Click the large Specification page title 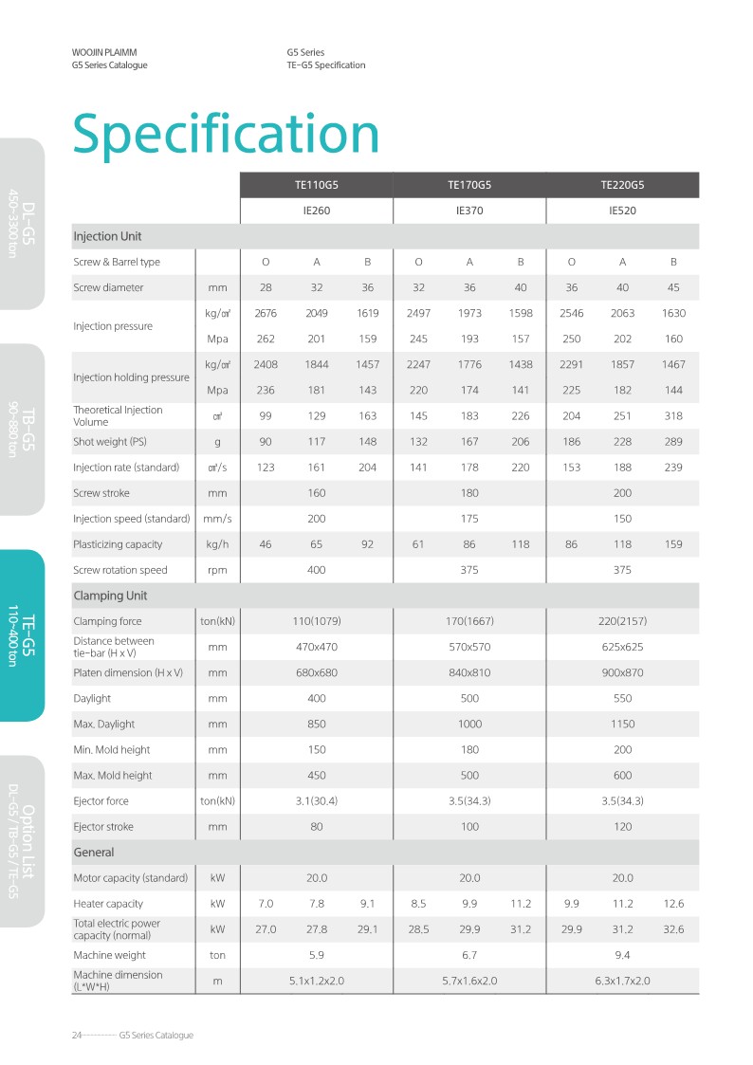click(x=226, y=134)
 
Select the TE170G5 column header click(x=468, y=186)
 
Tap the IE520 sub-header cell click(x=621, y=211)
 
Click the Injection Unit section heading click(x=107, y=236)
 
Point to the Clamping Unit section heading click(x=110, y=596)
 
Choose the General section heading click(x=94, y=853)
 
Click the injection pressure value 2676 click(x=266, y=313)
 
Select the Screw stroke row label click(x=101, y=493)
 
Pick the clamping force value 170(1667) click(x=468, y=621)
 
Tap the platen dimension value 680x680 click(x=316, y=672)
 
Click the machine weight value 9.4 click(x=621, y=955)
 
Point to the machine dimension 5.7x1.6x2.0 click(x=468, y=981)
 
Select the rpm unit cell click(x=217, y=570)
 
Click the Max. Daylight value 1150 click(x=621, y=724)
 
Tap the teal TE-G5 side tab click(x=22, y=635)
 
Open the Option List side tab click(x=22, y=840)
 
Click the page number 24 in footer click(x=77, y=1035)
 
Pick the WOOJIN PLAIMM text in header click(x=110, y=52)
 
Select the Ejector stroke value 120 click(x=621, y=826)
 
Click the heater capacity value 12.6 click(x=673, y=904)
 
